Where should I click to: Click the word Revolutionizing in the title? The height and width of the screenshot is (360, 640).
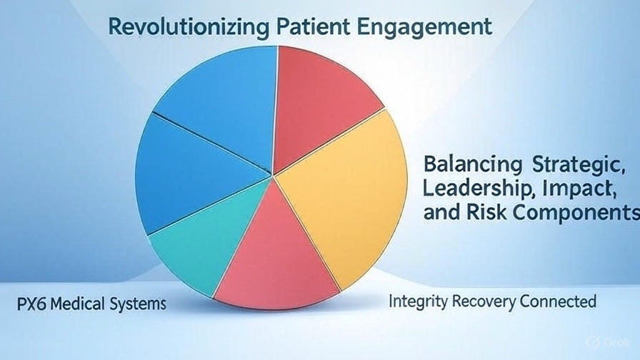[x=187, y=27]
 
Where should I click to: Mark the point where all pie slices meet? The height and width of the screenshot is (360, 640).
[x=273, y=174]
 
